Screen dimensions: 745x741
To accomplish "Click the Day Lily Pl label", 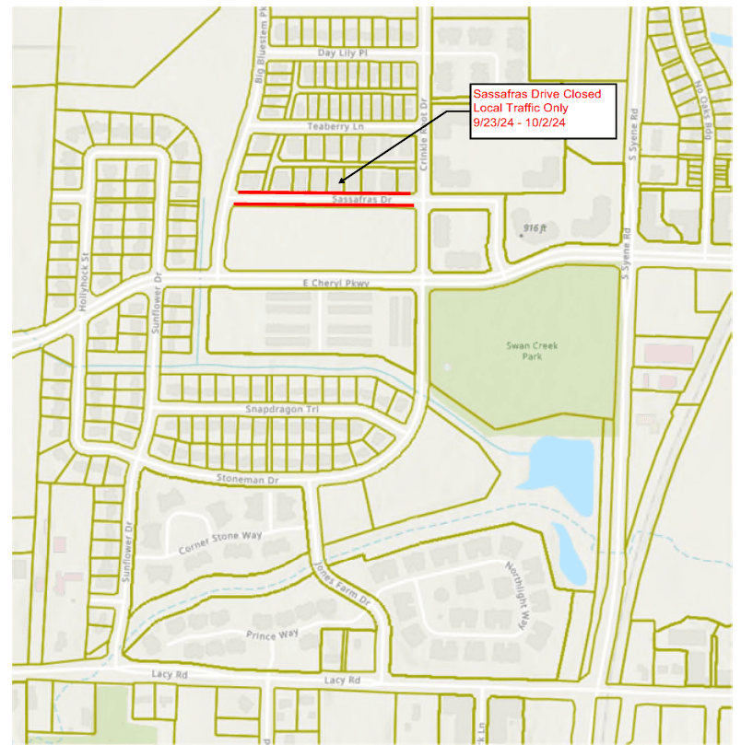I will [343, 53].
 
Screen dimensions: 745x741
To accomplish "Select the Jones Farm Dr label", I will [341, 582].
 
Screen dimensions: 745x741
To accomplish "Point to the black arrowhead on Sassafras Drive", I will [341, 180].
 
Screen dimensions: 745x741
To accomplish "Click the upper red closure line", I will [323, 192].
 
